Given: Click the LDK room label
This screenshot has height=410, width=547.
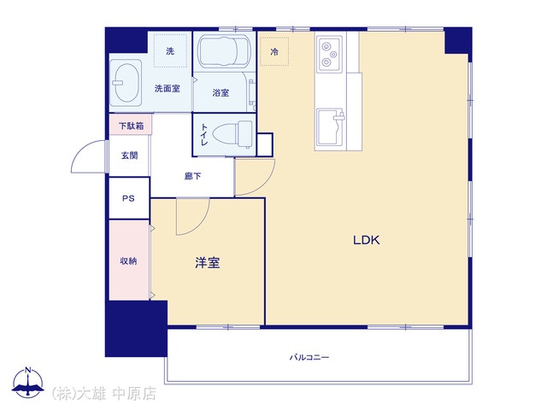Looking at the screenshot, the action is (x=367, y=240).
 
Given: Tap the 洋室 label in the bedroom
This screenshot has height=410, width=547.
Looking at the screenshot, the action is (x=208, y=263).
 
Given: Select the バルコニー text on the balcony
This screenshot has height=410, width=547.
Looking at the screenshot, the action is (x=309, y=357).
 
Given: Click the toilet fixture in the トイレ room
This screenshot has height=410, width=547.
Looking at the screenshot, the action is (x=232, y=134).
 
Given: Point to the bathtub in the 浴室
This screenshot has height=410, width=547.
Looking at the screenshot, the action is (x=224, y=51).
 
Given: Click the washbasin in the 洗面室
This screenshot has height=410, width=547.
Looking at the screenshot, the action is (x=126, y=83).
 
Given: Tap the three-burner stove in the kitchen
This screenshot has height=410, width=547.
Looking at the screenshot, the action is (x=329, y=54).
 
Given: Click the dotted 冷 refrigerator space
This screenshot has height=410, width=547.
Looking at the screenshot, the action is (x=274, y=51).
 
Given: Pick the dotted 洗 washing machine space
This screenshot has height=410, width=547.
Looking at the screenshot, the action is (x=170, y=51).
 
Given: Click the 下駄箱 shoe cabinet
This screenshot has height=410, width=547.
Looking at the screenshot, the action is (x=131, y=125).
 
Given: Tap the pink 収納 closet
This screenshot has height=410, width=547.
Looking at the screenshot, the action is (x=129, y=260).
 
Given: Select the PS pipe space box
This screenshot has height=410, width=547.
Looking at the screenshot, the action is (x=129, y=198).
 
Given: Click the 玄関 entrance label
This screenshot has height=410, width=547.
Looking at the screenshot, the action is (x=129, y=155).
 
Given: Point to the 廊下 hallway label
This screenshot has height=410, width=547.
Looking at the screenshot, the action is (x=192, y=177).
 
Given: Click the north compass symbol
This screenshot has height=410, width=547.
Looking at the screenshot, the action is (x=28, y=382).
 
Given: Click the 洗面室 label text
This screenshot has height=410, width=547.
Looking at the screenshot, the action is (x=168, y=89).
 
